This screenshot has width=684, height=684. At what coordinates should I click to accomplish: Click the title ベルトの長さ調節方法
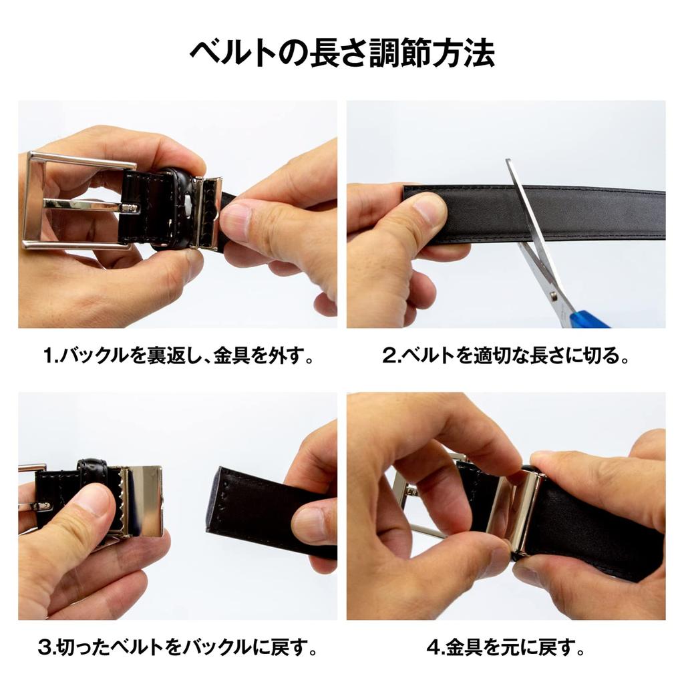[342, 53]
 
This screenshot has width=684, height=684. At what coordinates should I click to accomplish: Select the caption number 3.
[45, 647]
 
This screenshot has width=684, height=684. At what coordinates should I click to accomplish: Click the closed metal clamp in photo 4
[524, 511]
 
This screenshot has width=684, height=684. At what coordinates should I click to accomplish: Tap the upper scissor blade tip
[510, 163]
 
